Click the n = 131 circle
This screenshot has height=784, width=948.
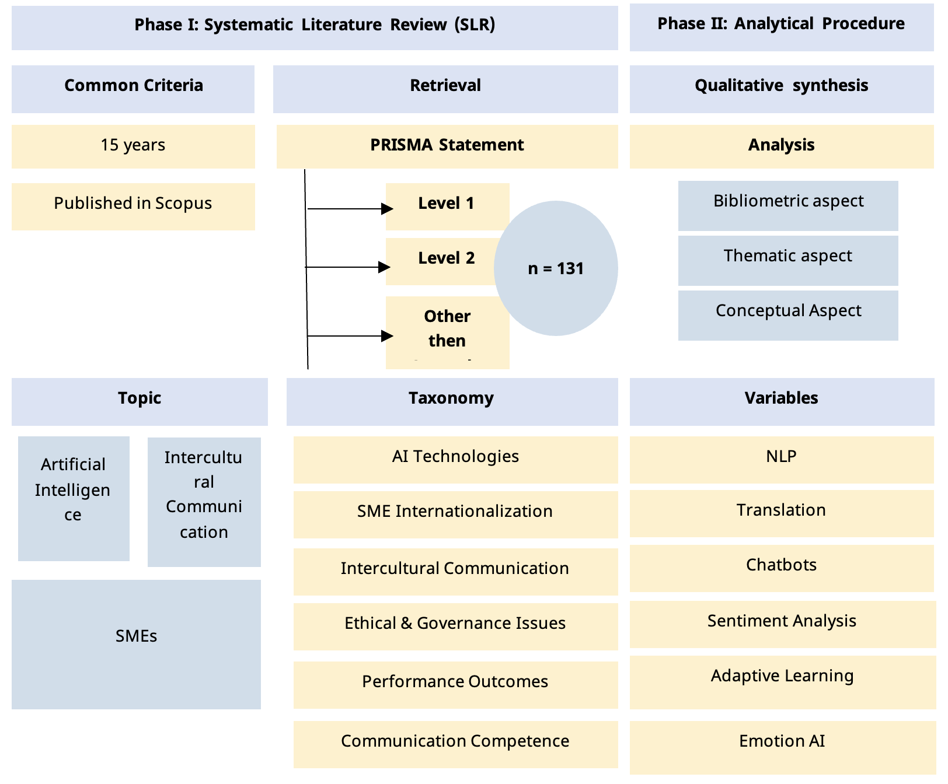tap(556, 268)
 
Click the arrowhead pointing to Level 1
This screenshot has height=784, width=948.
tap(386, 208)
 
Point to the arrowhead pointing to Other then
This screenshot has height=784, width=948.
tap(386, 336)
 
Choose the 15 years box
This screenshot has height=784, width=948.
tap(133, 146)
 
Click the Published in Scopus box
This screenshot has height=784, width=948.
tap(133, 206)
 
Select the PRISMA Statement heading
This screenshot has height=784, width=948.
tap(447, 146)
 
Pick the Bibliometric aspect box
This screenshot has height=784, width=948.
tap(788, 205)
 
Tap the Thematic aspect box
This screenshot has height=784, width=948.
tap(788, 260)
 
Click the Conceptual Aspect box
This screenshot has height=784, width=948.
tap(788, 314)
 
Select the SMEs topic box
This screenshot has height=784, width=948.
tap(136, 644)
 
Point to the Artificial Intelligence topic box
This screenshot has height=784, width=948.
tap(74, 498)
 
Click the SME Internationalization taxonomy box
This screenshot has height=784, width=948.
tap(455, 514)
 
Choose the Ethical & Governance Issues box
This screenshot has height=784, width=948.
tap(455, 626)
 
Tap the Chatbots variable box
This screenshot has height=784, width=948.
tap(782, 568)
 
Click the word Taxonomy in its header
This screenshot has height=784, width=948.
tap(451, 398)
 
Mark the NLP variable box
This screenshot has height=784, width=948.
tap(782, 459)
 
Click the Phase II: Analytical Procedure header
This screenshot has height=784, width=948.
tap(781, 24)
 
